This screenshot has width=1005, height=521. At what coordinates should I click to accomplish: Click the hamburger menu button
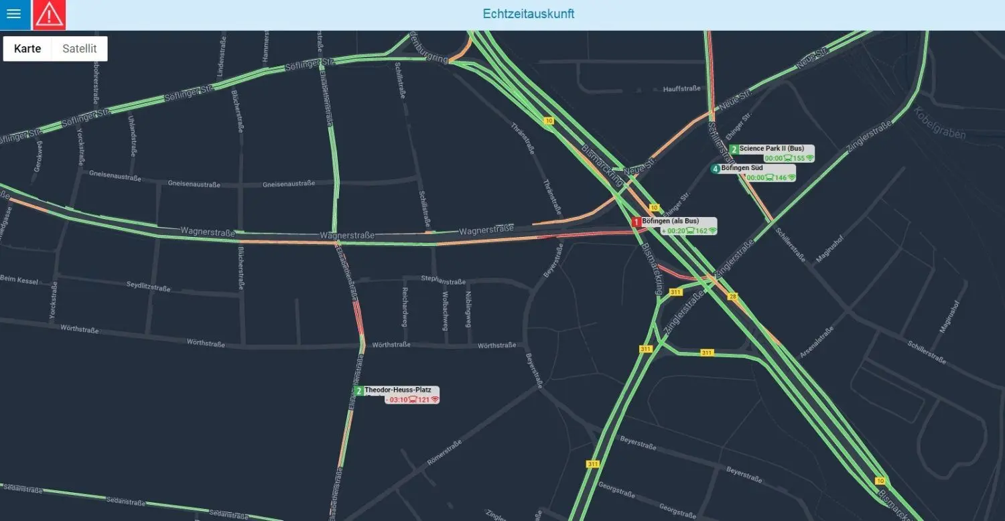coord(14,15)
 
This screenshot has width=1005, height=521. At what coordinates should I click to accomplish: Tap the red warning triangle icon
coord(49,15)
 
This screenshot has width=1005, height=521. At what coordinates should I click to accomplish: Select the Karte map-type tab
coord(27,49)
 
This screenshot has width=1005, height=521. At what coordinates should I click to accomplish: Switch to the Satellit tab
coord(80,49)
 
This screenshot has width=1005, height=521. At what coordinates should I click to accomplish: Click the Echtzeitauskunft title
coord(528,14)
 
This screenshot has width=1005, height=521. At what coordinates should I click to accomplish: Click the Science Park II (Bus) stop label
coord(771,149)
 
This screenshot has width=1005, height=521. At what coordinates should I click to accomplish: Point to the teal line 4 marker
coord(716,169)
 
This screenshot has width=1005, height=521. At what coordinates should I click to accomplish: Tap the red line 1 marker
coord(636,222)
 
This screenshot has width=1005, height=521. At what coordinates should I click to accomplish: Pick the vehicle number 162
coord(701,231)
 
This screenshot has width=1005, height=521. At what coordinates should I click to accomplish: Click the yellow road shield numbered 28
coord(732,297)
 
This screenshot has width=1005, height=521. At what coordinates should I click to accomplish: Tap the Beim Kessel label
coord(19,279)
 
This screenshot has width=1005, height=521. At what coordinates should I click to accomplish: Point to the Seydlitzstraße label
coord(148,287)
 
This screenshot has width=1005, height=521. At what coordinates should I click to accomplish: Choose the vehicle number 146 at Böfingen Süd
coord(781,177)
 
